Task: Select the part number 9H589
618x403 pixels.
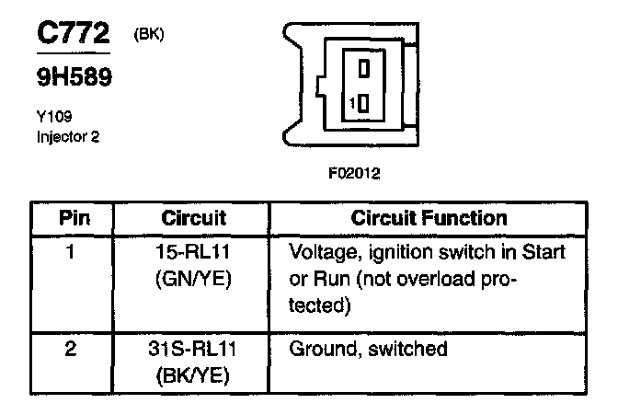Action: pyautogui.click(x=74, y=80)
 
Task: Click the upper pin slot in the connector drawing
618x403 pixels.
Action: pyautogui.click(x=363, y=69)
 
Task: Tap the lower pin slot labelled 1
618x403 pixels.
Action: pyautogui.click(x=363, y=103)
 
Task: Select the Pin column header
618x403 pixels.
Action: pyautogui.click(x=74, y=218)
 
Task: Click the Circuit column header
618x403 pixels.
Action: pyautogui.click(x=193, y=218)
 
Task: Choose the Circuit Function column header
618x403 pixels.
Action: pyautogui.click(x=429, y=218)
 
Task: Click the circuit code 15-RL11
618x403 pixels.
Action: pyautogui.click(x=194, y=250)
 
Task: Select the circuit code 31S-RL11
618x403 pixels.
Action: pyautogui.click(x=194, y=350)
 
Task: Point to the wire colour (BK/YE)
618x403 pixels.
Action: pyautogui.click(x=194, y=375)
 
